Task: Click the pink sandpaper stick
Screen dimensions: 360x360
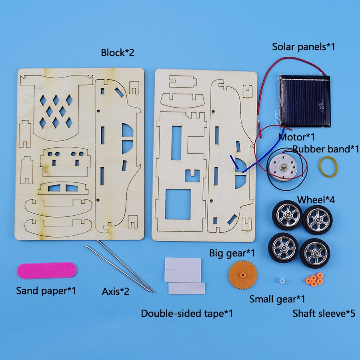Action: pyautogui.click(x=47, y=270)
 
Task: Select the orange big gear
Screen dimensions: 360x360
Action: pyautogui.click(x=243, y=275)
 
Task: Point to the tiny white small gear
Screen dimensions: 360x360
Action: pyautogui.click(x=282, y=281)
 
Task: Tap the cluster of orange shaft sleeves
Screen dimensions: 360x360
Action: pyautogui.click(x=314, y=280)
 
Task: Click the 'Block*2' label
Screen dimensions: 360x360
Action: pyautogui.click(x=117, y=52)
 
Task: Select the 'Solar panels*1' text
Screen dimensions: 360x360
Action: pyautogui.click(x=304, y=47)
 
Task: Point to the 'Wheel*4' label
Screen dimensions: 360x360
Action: pyautogui.click(x=316, y=200)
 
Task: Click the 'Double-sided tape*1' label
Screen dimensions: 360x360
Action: pyautogui.click(x=187, y=313)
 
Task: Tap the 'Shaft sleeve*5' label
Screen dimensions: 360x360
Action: pyautogui.click(x=324, y=313)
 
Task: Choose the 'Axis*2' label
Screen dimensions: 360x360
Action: pyautogui.click(x=116, y=291)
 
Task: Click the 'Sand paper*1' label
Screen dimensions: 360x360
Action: pyautogui.click(x=46, y=291)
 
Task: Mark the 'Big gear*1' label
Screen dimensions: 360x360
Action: pyautogui.click(x=232, y=253)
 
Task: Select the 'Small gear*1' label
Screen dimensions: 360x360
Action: pyautogui.click(x=277, y=299)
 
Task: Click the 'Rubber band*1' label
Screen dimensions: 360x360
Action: pyautogui.click(x=326, y=149)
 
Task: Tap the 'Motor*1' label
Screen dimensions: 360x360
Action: pyautogui.click(x=296, y=137)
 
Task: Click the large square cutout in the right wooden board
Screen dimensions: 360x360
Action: pyautogui.click(x=178, y=204)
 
